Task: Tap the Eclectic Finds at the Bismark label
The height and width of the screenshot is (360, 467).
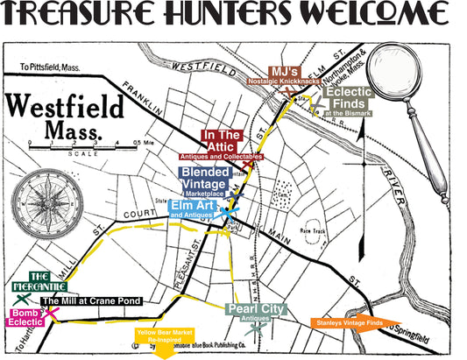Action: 350,101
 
